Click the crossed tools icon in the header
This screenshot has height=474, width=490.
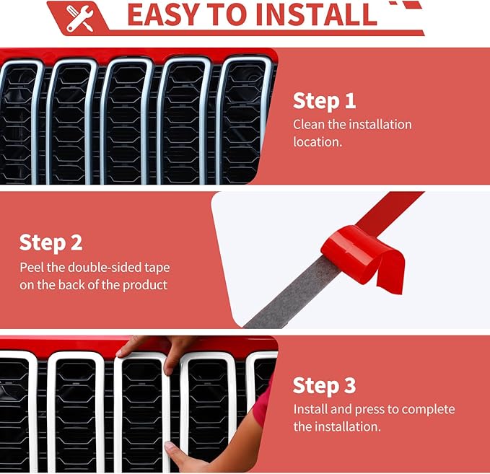pyautogui.click(x=80, y=19)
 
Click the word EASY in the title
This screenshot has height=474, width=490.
pyautogui.click(x=164, y=14)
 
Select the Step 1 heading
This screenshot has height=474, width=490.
pyautogui.click(x=324, y=101)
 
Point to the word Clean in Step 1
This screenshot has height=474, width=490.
pyautogui.click(x=309, y=124)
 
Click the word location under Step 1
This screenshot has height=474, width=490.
pyautogui.click(x=318, y=142)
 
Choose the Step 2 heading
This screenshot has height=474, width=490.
pyautogui.click(x=51, y=243)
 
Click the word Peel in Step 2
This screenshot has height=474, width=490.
pyautogui.click(x=32, y=268)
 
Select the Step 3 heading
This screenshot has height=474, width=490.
pyautogui.click(x=324, y=385)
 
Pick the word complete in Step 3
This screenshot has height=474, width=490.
pyautogui.click(x=428, y=410)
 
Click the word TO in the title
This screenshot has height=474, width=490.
pyautogui.click(x=229, y=14)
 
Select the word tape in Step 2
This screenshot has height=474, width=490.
pyautogui.click(x=157, y=268)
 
